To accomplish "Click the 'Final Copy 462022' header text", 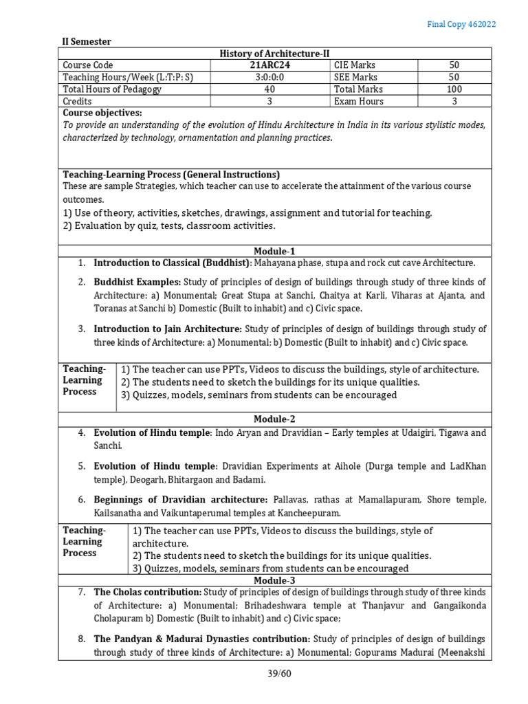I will click(461, 24).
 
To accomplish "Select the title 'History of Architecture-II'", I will click(274, 54).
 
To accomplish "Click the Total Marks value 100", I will click(454, 89).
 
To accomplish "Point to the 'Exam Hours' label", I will click(358, 101).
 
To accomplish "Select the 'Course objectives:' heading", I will click(102, 113).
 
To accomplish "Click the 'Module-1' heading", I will click(274, 252).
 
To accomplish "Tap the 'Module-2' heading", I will click(274, 419).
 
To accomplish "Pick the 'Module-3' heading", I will click(274, 580).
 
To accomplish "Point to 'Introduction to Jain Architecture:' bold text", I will click(168, 329).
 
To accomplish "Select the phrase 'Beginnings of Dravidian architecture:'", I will click(181, 498).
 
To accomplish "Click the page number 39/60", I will click(280, 673).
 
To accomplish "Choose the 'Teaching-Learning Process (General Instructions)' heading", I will click(171, 175).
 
